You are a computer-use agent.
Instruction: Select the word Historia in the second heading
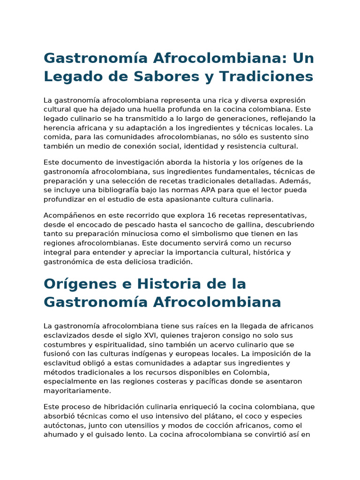coord(178,284)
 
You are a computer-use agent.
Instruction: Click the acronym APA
coord(210,190)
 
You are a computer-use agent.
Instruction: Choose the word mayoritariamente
coord(77,390)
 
